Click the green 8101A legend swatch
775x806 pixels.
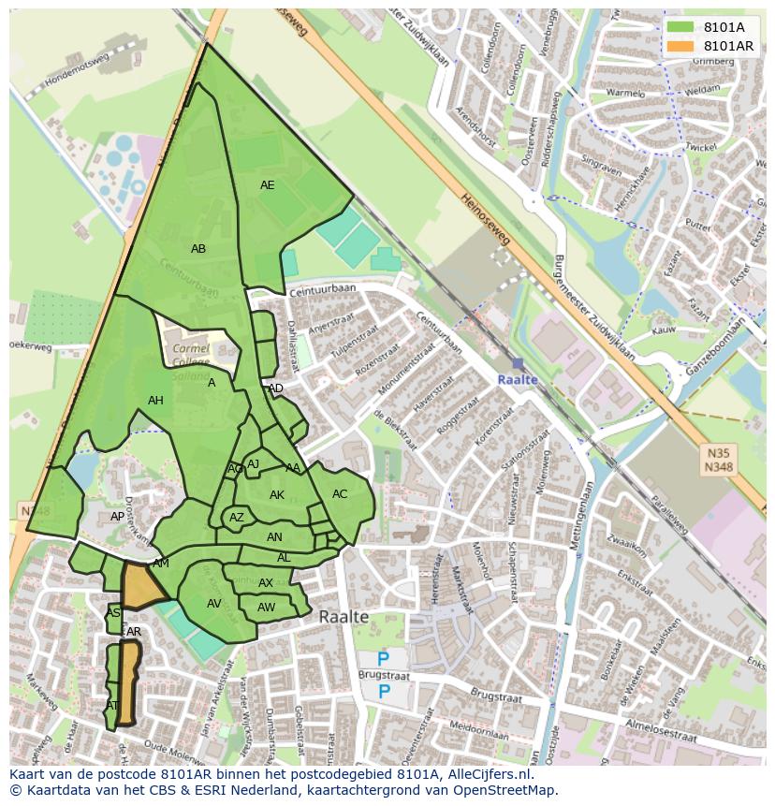(x=680, y=27)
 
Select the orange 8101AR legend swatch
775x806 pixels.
(x=680, y=46)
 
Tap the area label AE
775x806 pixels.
(x=268, y=185)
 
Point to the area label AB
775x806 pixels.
(x=198, y=249)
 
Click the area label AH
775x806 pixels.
(x=155, y=401)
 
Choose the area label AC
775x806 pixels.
(x=340, y=494)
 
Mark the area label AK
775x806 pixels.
(x=277, y=495)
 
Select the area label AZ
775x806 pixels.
(x=237, y=518)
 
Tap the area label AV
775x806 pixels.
(x=214, y=604)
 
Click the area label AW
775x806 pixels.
(x=267, y=608)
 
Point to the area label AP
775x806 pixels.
(x=117, y=517)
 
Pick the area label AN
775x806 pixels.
(x=274, y=537)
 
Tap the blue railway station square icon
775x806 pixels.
(x=518, y=363)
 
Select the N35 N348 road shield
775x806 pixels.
(x=718, y=459)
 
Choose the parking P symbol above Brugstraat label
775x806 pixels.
(x=384, y=660)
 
